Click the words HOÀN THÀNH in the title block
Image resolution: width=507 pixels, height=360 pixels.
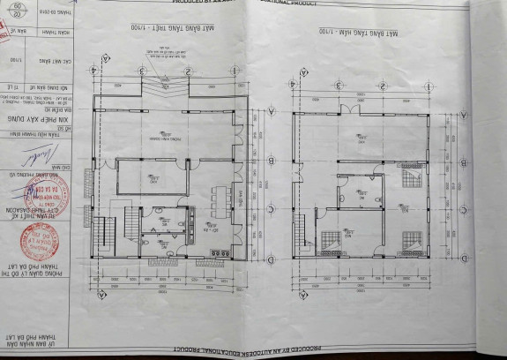pyautogui.click(x=56, y=36)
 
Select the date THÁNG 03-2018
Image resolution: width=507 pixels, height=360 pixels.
pyautogui.click(x=56, y=13)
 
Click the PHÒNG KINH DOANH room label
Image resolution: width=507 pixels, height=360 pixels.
pyautogui.click(x=177, y=139)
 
